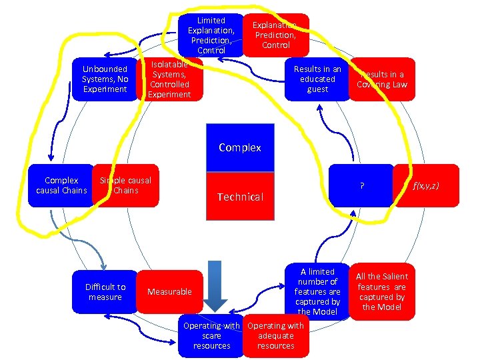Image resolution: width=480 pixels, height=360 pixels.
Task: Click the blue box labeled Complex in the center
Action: [x=239, y=147]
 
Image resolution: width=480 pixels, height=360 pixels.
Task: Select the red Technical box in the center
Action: [x=239, y=196]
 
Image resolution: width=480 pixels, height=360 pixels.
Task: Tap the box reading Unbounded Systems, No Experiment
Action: [x=104, y=79]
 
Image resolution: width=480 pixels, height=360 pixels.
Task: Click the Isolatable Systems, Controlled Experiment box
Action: [x=169, y=79]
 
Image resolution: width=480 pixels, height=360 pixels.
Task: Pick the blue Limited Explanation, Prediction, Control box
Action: [x=211, y=35]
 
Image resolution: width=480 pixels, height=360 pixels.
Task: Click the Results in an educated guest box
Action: [x=317, y=79]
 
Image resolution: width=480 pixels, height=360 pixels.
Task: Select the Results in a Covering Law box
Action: [x=382, y=79]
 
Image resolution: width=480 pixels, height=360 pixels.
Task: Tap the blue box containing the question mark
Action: [x=361, y=186]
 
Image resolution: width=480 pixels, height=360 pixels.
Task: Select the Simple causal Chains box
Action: [x=126, y=186]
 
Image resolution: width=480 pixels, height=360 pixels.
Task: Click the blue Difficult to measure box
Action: [x=105, y=292]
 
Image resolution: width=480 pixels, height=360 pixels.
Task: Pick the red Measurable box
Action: [x=169, y=292]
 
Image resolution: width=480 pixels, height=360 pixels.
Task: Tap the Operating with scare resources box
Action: [x=211, y=336]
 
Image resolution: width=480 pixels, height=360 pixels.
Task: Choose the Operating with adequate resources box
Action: [x=276, y=336]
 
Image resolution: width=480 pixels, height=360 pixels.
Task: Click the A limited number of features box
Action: [x=317, y=291]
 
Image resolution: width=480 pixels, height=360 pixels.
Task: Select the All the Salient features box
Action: [x=382, y=291]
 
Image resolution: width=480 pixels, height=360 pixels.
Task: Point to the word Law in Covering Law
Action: [x=398, y=85]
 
